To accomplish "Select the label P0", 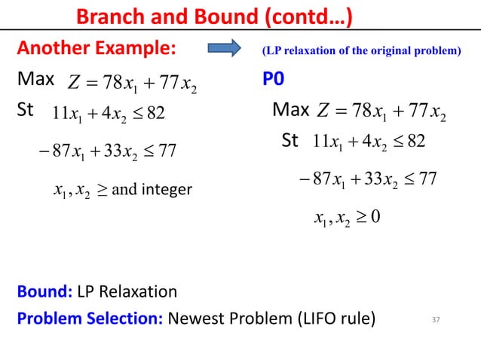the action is pyautogui.click(x=274, y=80).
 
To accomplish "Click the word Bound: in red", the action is pyautogui.click(x=43, y=291).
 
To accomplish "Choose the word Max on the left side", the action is pyautogui.click(x=36, y=80).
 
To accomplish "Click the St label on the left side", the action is pyautogui.click(x=26, y=111).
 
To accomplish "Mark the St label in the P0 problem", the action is pyautogui.click(x=290, y=141).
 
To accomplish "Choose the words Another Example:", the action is pyautogui.click(x=96, y=51).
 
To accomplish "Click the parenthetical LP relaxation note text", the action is pyautogui.click(x=360, y=52).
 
